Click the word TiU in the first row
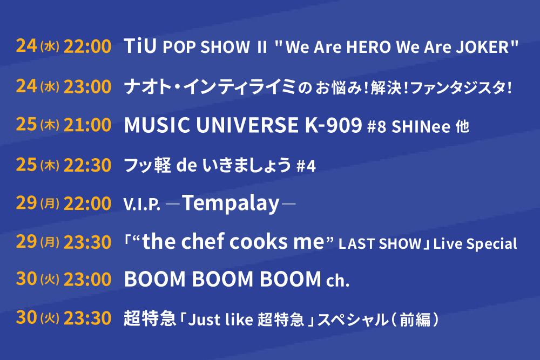pyautogui.click(x=140, y=46)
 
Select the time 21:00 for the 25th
pyautogui.click(x=87, y=125)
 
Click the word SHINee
pyautogui.click(x=421, y=127)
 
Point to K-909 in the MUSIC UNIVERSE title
pyautogui.click(x=333, y=125)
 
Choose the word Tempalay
pyautogui.click(x=231, y=203)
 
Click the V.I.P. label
pyautogui.click(x=142, y=205)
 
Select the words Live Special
pyautogui.click(x=475, y=244)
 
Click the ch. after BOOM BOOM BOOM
pyautogui.click(x=337, y=281)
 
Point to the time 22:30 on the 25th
pyautogui.click(x=87, y=165)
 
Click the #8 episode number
pyautogui.click(x=377, y=127)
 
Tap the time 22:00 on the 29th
pyautogui.click(x=87, y=203)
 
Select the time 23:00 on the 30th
pyautogui.click(x=87, y=279)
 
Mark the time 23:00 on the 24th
pyautogui.click(x=87, y=86)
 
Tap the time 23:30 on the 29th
pyautogui.click(x=87, y=242)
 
